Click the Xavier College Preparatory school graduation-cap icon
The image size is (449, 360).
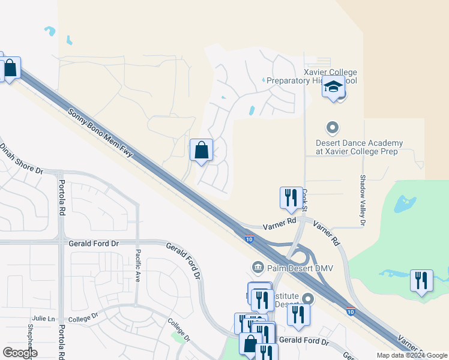333,88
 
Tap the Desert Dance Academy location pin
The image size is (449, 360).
332,128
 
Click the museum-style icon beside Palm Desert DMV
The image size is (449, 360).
258,266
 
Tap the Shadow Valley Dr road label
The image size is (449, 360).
363,200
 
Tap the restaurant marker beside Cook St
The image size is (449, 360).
291,197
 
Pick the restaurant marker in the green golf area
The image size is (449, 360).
421,280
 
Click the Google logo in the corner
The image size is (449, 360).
20,353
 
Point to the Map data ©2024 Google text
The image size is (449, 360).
412,355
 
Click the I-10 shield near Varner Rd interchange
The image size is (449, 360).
249,239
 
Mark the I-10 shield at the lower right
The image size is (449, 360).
350,311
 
